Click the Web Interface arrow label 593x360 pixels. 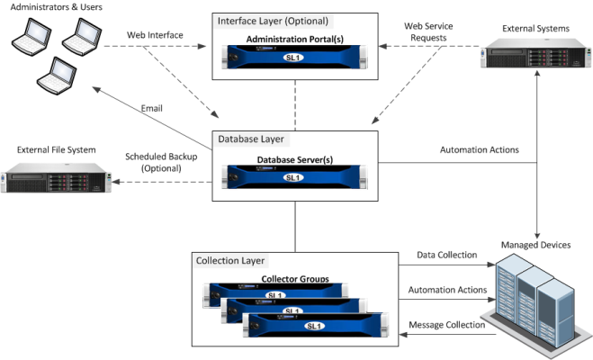coord(157,35)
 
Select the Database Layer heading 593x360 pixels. coord(251,139)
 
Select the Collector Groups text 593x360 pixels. coord(293,279)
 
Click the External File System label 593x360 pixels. coord(56,149)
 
